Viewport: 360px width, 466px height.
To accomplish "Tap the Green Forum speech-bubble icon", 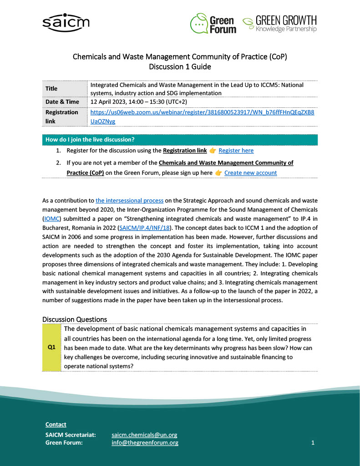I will tap(199, 23).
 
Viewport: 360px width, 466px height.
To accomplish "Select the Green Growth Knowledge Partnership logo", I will tap(279, 24).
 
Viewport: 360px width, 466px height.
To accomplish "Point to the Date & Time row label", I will tap(62, 102).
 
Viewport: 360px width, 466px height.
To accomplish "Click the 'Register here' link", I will tap(236, 151).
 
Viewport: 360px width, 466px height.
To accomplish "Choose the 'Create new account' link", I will tap(250, 173).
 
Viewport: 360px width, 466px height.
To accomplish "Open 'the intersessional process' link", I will tap(129, 200).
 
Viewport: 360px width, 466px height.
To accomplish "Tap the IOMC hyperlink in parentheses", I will tap(51, 218).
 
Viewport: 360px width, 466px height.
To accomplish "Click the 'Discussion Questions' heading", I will tap(75, 319).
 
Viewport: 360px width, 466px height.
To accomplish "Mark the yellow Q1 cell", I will tap(51, 347).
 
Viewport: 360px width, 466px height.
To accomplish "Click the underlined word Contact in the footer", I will tap(56, 425).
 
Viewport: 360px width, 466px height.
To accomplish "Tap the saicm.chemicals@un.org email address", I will tap(144, 435).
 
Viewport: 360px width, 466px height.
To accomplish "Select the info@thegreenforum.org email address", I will tap(145, 443).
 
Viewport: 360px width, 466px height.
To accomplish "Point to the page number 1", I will tap(313, 442).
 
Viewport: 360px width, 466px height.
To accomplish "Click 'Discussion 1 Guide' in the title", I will tap(180, 67).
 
